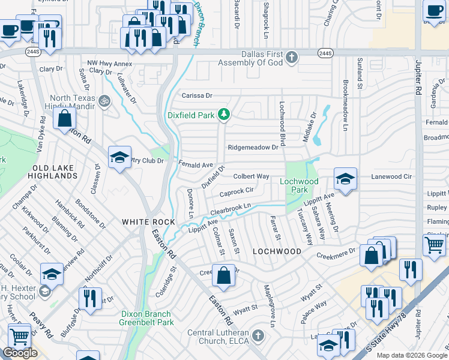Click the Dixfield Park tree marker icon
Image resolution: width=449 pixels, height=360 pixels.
point(224,113)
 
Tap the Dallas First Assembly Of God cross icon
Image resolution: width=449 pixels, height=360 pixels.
point(291,58)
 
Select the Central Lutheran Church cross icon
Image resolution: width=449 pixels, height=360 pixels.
point(258,334)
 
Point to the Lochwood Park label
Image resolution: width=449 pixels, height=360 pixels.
point(299,185)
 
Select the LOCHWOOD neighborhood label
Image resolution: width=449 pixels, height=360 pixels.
point(277,251)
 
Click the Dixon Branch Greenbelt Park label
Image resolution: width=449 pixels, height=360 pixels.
point(146,318)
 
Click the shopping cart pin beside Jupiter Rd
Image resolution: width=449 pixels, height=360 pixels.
point(435,244)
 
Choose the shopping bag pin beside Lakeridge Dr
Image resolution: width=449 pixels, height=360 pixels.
point(64,118)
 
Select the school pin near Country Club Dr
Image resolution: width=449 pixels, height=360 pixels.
point(119,158)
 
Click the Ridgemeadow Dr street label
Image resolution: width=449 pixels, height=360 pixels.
point(253,147)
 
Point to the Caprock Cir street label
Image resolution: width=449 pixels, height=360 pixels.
point(236,193)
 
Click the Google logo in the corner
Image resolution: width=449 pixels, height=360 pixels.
point(20,353)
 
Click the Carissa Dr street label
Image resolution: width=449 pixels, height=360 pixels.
point(197,95)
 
